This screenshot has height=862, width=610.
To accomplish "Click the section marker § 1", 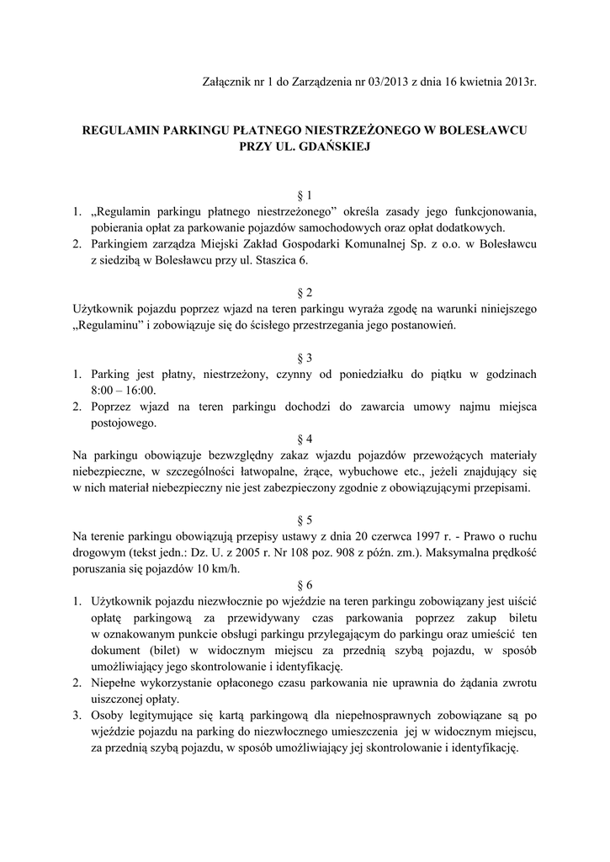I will (305, 194).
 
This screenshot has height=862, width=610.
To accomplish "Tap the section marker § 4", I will (305, 439).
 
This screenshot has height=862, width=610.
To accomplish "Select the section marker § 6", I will (305, 584).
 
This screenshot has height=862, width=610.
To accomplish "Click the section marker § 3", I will (305, 358).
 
